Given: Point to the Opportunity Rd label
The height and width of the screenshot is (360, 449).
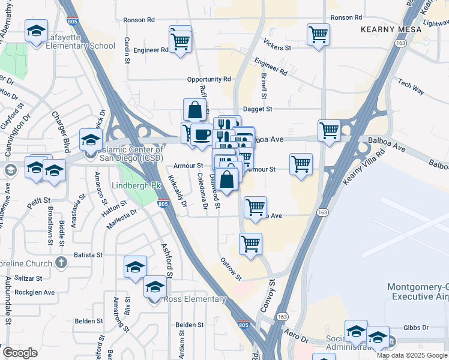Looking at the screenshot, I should tap(209, 79).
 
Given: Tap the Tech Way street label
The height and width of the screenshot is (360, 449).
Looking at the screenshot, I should tap(411, 86).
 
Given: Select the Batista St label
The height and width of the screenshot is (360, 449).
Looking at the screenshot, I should tap(88, 255).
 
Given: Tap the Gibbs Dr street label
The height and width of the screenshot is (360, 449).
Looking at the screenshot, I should tap(417, 328).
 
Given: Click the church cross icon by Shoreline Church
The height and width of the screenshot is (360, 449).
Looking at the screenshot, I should tap(60, 263).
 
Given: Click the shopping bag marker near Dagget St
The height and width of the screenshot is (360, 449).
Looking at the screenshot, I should tap(194, 110).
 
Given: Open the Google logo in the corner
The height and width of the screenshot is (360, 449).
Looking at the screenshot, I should tap(20, 352).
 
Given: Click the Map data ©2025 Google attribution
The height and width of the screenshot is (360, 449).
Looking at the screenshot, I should tap(412, 355).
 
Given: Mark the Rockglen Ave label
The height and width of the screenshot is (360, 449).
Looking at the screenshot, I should tap(36, 293).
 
